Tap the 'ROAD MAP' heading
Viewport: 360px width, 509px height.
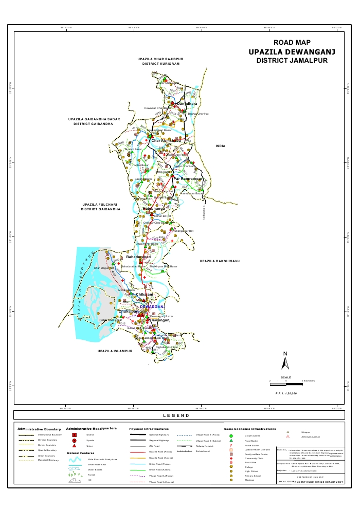click(x=292, y=43)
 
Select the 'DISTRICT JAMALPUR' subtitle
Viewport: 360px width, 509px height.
click(x=292, y=61)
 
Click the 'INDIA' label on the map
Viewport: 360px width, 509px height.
click(x=220, y=147)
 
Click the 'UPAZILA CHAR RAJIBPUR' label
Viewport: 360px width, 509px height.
click(x=160, y=59)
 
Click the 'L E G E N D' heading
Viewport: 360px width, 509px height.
click(x=176, y=415)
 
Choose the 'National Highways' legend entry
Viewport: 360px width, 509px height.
click(x=159, y=435)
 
